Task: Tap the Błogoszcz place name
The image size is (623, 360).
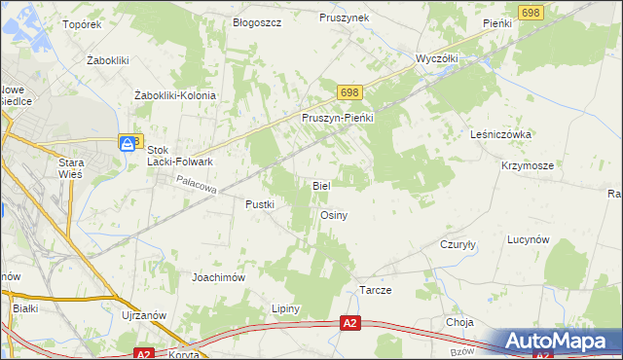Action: pyautogui.click(x=256, y=21)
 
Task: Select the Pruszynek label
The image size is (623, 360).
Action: pyautogui.click(x=344, y=18)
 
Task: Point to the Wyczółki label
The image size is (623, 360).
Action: pyautogui.click(x=437, y=58)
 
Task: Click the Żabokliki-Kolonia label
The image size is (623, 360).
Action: pyautogui.click(x=174, y=95)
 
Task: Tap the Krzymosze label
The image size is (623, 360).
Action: pyautogui.click(x=529, y=165)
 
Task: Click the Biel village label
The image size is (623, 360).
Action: pyautogui.click(x=321, y=185)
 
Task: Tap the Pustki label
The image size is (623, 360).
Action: pyautogui.click(x=261, y=204)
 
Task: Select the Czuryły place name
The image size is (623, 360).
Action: pyautogui.click(x=458, y=245)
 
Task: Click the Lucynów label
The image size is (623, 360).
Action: pyautogui.click(x=530, y=239)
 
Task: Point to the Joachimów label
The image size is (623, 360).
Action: pyautogui.click(x=217, y=276)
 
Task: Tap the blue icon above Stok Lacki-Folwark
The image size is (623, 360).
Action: pyautogui.click(x=128, y=143)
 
